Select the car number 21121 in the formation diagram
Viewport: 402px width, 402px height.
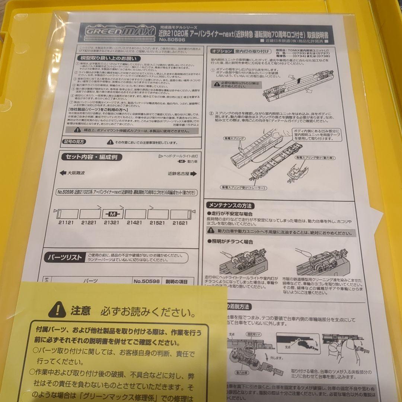[x=66, y=223]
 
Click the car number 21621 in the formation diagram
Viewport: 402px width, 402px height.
[x=180, y=223]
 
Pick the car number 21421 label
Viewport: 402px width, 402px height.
[x=134, y=223]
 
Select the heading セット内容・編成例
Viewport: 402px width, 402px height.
[x=91, y=157]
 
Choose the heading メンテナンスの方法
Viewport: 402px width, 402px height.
[x=230, y=205]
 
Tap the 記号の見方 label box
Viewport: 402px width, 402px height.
[x=73, y=142]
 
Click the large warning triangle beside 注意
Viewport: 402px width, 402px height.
[x=57, y=309]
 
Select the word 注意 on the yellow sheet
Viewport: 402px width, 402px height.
[x=80, y=310]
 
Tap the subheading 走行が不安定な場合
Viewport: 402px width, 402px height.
[x=230, y=214]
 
